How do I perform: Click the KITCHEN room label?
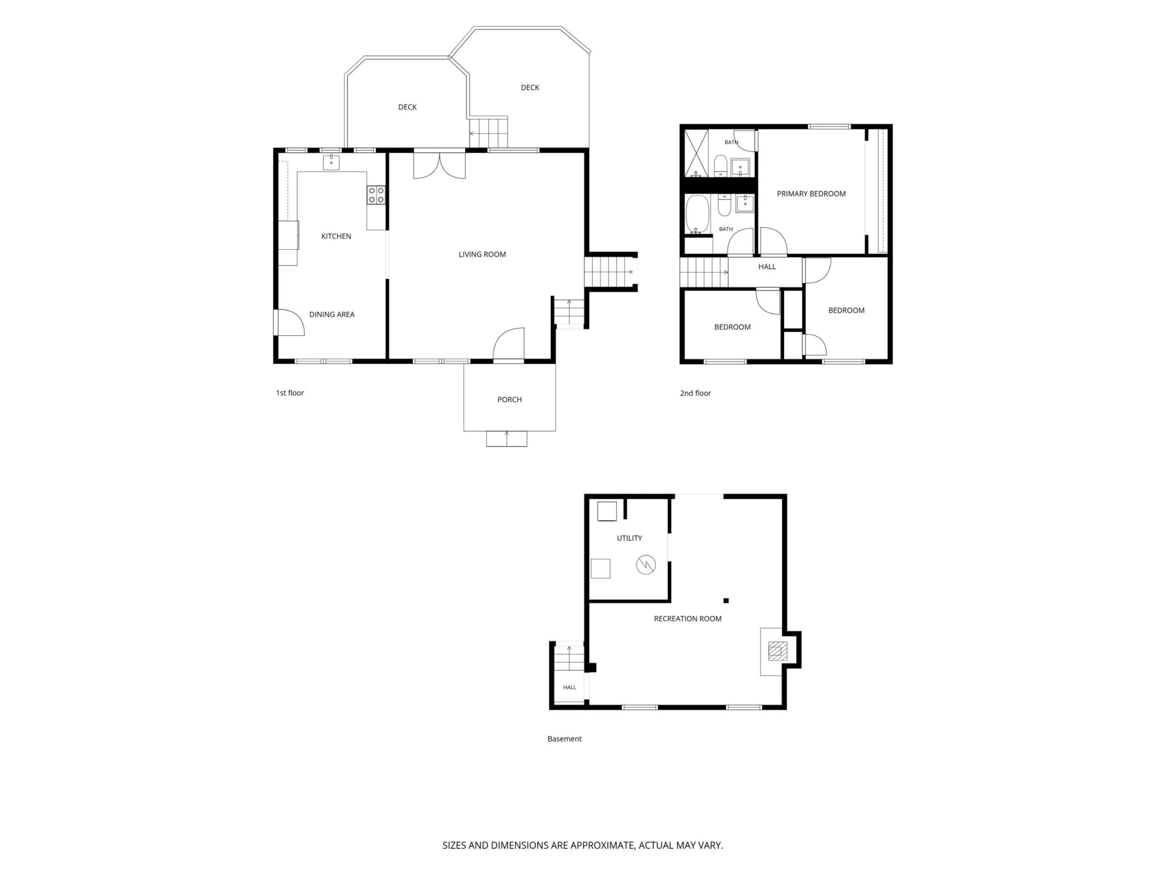coord(336,236)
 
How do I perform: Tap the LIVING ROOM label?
coord(482,255)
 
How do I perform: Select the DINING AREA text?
coord(332,315)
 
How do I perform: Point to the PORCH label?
coord(510,400)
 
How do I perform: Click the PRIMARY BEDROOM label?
coord(811,194)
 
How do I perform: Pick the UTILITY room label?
coord(629,538)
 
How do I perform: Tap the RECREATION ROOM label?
coord(687,619)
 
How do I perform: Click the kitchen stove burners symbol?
coord(376,195)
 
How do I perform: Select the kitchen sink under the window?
coord(331,162)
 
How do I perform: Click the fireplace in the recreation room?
coord(777,651)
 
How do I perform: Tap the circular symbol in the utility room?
coord(646,565)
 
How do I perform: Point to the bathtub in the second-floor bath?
coord(697,214)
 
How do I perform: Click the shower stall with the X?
coord(697,153)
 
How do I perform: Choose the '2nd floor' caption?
coord(695,393)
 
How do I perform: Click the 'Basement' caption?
coord(564,739)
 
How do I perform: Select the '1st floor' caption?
coord(290,393)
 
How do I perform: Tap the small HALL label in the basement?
coord(569,688)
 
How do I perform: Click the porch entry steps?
coord(506,439)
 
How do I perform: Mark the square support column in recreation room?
coord(726,601)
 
